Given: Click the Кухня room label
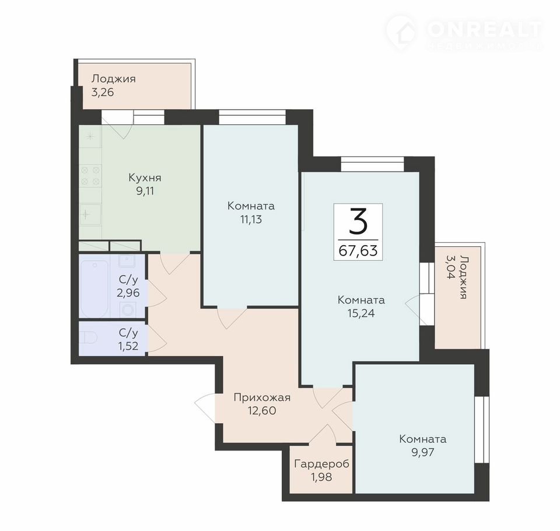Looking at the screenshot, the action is tap(145, 177).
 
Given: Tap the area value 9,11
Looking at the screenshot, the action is tap(145, 191).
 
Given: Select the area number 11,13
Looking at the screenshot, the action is tap(251, 219).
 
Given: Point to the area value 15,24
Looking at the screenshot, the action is tap(361, 313).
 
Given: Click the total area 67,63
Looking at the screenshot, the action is tap(358, 251).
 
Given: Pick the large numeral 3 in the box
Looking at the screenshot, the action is tap(358, 222).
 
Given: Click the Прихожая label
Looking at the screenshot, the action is tap(262, 397).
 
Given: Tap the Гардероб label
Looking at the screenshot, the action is tap(321, 464).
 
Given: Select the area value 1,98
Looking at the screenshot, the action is tap(322, 477).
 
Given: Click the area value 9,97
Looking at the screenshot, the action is tap(423, 452).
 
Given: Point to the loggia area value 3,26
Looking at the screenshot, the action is tap(103, 92).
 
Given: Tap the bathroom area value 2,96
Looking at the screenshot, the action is tap(128, 293).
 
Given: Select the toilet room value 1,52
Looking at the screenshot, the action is tap(128, 346).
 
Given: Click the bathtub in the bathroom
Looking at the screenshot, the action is tap(94, 289).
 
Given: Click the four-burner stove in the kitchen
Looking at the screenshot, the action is tap(90, 176).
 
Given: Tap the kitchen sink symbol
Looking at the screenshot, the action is tap(90, 214).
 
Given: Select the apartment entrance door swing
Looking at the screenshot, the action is tap(205, 408).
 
